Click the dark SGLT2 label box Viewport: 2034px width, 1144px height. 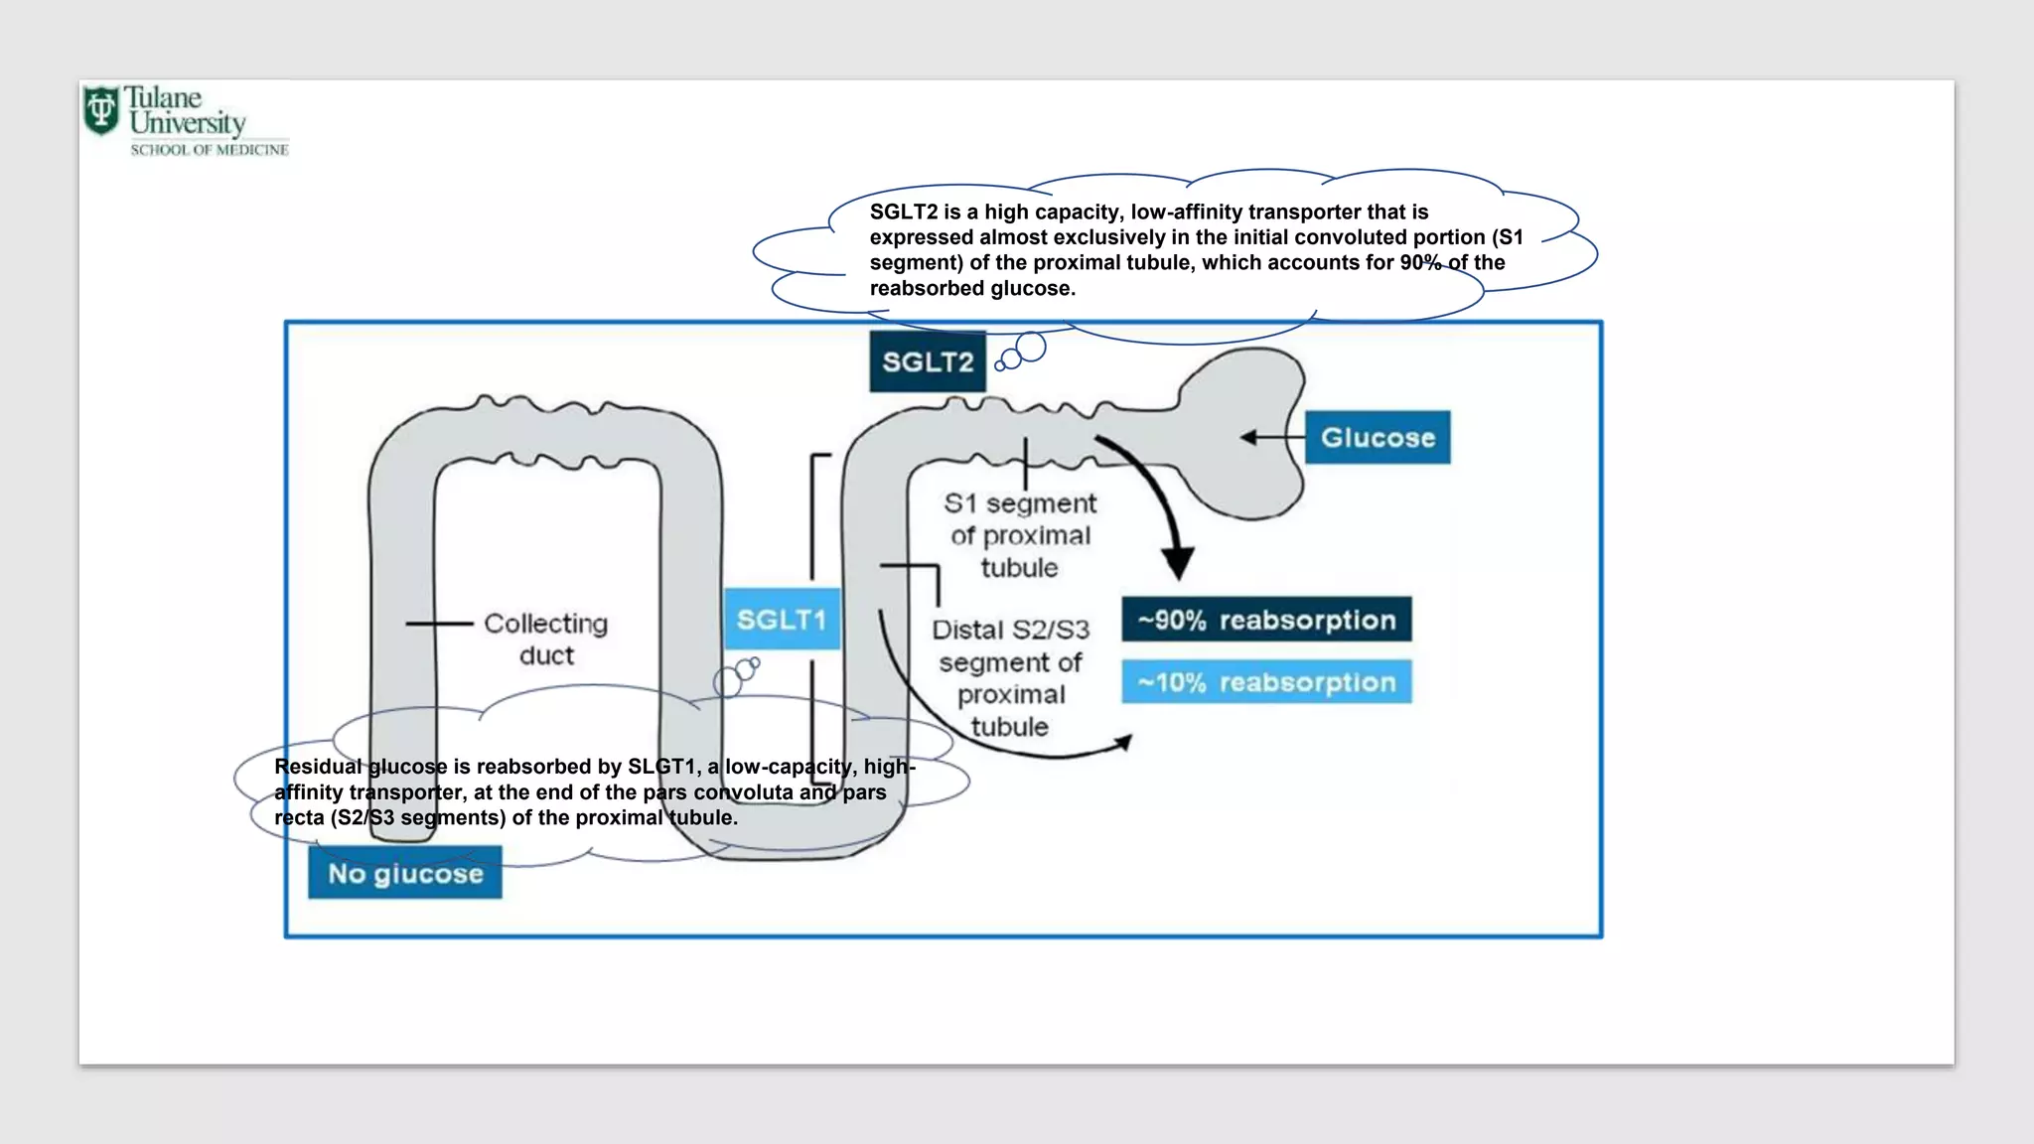[928, 361]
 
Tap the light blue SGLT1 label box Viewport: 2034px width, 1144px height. [782, 619]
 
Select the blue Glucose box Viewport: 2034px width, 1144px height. [1378, 437]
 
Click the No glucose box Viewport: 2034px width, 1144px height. [405, 873]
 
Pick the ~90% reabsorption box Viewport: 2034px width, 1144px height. [1266, 620]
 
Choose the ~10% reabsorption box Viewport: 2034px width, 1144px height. [1266, 682]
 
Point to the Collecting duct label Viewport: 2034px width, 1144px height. [546, 639]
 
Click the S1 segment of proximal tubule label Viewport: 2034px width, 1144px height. [1020, 535]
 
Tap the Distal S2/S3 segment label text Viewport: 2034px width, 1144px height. [1011, 678]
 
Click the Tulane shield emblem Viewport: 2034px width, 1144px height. [101, 109]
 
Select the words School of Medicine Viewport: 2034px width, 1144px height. [210, 150]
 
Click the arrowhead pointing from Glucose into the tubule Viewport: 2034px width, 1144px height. [1248, 437]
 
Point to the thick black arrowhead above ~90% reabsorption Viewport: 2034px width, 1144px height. [1178, 563]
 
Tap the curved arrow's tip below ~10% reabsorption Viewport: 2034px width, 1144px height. [1125, 741]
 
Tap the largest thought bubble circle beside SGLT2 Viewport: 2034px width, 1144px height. [1031, 347]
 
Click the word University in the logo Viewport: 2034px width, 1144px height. [188, 123]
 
